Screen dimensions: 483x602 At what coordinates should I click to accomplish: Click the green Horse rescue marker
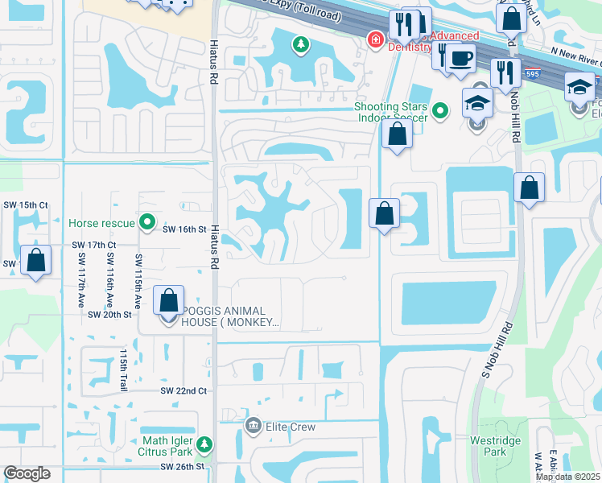point(146,221)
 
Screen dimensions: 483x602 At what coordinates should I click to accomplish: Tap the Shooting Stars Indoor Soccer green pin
point(440,111)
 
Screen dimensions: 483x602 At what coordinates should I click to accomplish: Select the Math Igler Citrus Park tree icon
point(204,444)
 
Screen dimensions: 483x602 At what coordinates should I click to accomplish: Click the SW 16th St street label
point(185,229)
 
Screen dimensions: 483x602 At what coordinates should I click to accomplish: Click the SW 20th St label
point(109,314)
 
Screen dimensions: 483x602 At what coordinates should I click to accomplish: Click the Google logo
point(27,473)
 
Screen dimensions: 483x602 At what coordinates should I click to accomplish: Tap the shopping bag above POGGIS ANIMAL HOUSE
point(169,301)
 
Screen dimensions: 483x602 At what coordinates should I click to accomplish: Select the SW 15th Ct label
point(24,206)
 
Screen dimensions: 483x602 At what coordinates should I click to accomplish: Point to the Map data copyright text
point(567,477)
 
